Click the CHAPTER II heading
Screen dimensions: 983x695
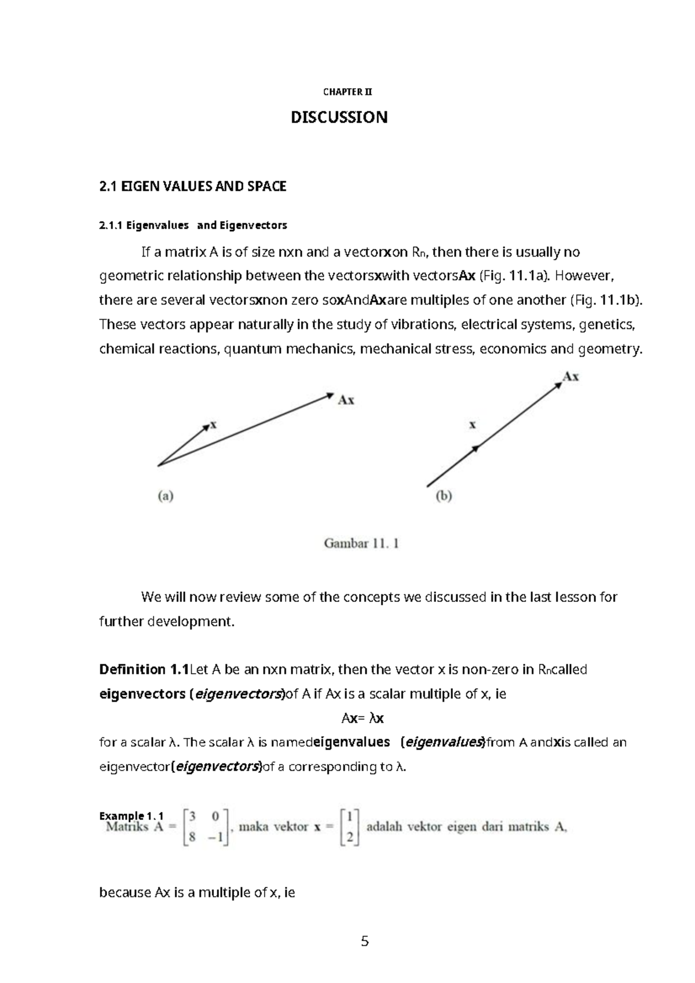[x=348, y=92]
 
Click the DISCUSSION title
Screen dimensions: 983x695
[x=339, y=118]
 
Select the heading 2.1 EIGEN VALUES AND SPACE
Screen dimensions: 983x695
[x=193, y=187]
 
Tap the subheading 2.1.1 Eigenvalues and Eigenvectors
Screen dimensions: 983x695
[x=193, y=225]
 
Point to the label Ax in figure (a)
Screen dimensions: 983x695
[x=346, y=400]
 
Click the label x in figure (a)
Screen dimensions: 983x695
[x=213, y=425]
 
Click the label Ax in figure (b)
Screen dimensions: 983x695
[x=571, y=377]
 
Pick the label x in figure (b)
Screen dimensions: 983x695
[x=473, y=425]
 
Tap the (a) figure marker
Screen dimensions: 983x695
[x=166, y=496]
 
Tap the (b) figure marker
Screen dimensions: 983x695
[x=444, y=496]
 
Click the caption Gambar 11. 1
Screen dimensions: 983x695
[x=361, y=543]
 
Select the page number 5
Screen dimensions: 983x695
[x=364, y=941]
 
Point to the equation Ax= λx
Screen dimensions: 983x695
[x=363, y=719]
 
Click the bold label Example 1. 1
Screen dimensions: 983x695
[x=131, y=816]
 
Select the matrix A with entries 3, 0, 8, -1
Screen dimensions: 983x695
[x=206, y=827]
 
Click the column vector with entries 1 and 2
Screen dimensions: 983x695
[x=350, y=827]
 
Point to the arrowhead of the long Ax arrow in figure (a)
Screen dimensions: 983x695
[x=330, y=396]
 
